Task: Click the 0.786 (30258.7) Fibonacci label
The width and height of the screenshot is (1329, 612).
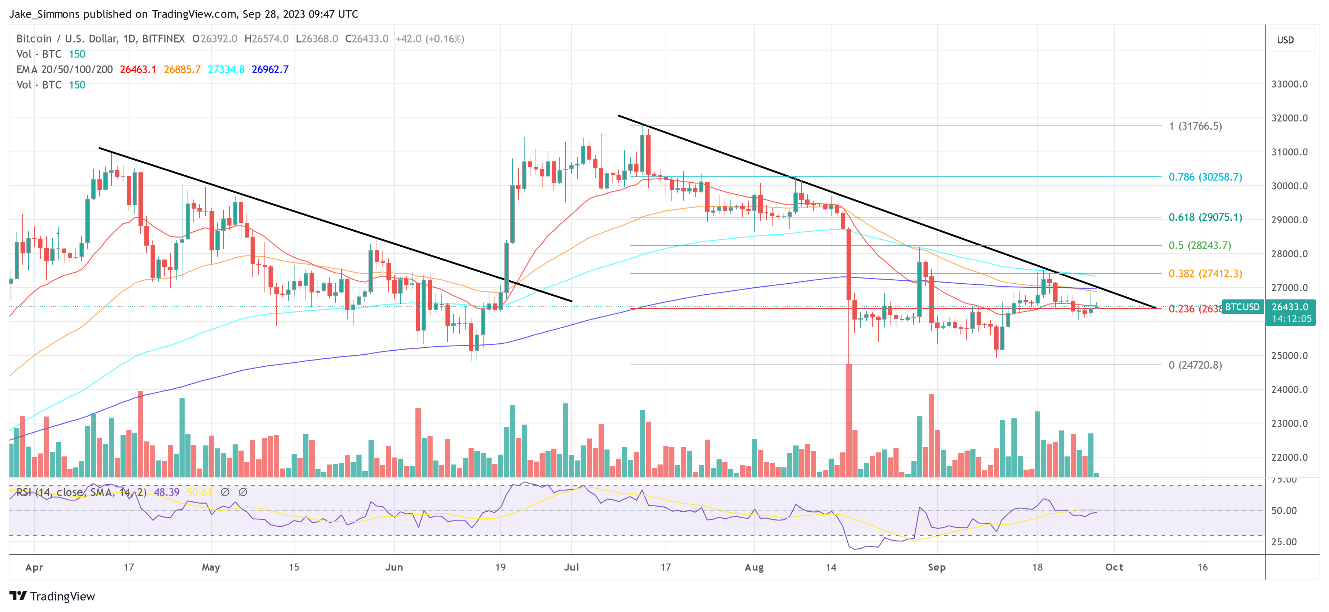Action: [1205, 177]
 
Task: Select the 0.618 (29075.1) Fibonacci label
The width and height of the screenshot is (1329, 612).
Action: [1205, 217]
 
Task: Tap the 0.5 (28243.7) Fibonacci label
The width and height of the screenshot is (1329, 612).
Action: [1199, 245]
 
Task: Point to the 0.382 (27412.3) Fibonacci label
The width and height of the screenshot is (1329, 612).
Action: [1205, 274]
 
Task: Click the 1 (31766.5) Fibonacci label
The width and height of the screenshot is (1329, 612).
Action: [1195, 126]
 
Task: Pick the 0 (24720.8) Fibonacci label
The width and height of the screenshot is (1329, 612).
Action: [1195, 365]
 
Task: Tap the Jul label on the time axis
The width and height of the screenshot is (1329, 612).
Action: [571, 567]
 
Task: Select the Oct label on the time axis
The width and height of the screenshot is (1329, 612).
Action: [1114, 567]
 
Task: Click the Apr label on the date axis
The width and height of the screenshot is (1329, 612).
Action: [34, 567]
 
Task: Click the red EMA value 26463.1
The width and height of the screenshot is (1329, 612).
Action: [138, 70]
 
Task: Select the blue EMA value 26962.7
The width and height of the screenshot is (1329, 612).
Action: [270, 70]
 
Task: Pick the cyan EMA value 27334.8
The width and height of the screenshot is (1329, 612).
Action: [226, 70]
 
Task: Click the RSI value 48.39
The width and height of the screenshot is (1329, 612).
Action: [167, 492]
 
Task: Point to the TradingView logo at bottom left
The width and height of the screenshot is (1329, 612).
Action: [52, 596]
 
